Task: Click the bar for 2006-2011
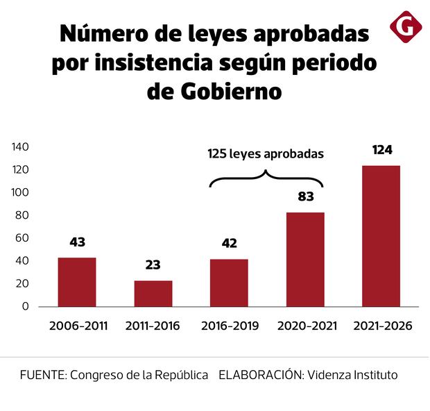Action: click(x=77, y=282)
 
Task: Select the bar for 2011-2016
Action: click(x=153, y=293)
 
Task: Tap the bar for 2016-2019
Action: click(x=229, y=283)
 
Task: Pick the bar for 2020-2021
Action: click(x=305, y=259)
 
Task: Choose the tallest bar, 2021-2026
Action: click(x=381, y=236)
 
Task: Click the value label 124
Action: click(x=382, y=150)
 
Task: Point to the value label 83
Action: click(x=306, y=196)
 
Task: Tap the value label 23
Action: click(x=153, y=265)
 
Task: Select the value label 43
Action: click(x=77, y=242)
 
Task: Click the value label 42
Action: click(x=229, y=244)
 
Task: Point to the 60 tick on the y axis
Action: click(x=22, y=238)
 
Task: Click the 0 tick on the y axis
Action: click(x=25, y=306)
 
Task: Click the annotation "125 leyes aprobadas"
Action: click(x=266, y=154)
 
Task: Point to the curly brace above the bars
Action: click(x=267, y=178)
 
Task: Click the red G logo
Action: click(x=406, y=27)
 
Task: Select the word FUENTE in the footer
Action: click(x=41, y=375)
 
